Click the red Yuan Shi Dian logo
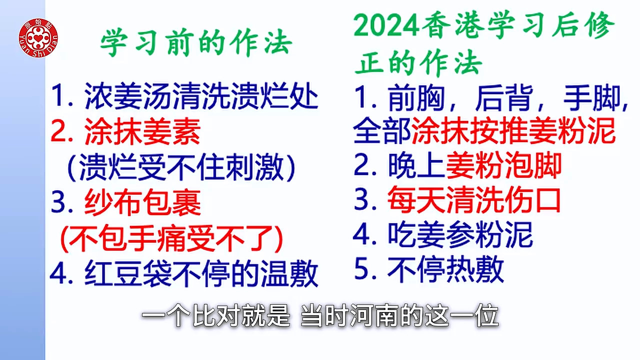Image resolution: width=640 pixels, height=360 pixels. [x=38, y=37]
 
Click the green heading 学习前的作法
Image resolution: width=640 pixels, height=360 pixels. [x=196, y=43]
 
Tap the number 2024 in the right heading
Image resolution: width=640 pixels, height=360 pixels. [x=386, y=25]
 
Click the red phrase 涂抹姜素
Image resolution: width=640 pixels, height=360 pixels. [x=142, y=131]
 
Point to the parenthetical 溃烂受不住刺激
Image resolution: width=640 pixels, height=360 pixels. [x=181, y=167]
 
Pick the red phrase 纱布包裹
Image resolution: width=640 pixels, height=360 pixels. [x=142, y=202]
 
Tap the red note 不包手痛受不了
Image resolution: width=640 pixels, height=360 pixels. [x=171, y=238]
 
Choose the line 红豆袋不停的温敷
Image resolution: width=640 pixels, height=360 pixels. [x=201, y=273]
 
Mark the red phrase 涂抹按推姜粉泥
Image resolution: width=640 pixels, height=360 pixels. [x=513, y=130]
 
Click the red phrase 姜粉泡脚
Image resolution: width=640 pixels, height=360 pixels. [x=503, y=165]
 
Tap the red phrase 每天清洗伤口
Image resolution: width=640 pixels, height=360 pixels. [x=474, y=199]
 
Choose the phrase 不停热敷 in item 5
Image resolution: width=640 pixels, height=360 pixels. [x=445, y=269]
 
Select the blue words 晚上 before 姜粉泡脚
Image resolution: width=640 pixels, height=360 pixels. [x=416, y=165]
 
